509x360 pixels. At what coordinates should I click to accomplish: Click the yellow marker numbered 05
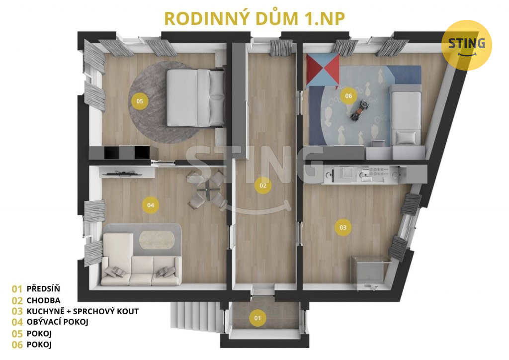pyautogui.click(x=140, y=101)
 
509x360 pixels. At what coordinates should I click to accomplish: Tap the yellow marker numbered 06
pyautogui.click(x=348, y=96)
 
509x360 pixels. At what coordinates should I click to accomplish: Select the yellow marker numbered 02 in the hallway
pyautogui.click(x=263, y=185)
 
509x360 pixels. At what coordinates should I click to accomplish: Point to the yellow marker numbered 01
pyautogui.click(x=257, y=318)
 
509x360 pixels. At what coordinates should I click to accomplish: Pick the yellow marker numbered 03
pyautogui.click(x=343, y=228)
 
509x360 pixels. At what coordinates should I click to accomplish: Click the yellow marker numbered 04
pyautogui.click(x=151, y=205)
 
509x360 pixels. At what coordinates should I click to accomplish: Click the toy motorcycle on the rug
pyautogui.click(x=360, y=110)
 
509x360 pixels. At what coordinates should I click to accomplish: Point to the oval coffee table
pyautogui.click(x=157, y=240)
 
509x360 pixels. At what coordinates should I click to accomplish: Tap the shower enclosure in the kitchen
pyautogui.click(x=370, y=272)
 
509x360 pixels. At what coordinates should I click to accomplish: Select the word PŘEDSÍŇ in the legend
pyautogui.click(x=43, y=288)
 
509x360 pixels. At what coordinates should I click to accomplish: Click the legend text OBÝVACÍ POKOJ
pyautogui.click(x=58, y=322)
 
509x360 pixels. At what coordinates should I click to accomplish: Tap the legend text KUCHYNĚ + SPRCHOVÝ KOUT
pyautogui.click(x=83, y=311)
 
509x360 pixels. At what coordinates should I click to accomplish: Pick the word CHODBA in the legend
pyautogui.click(x=44, y=300)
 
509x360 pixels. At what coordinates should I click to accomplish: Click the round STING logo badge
pyautogui.click(x=466, y=45)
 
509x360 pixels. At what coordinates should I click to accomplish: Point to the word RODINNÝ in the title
pyautogui.click(x=208, y=18)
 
